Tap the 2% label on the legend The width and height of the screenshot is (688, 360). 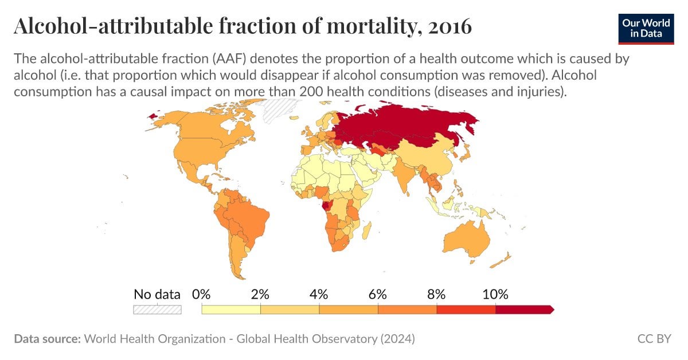[x=260, y=295]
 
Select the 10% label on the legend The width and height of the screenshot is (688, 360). [x=495, y=295]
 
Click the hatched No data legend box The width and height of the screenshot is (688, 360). [x=157, y=310]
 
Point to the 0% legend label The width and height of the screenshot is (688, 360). [x=201, y=295]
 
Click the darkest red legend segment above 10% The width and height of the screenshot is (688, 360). [x=523, y=310]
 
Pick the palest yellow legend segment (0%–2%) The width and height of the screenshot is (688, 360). [x=231, y=310]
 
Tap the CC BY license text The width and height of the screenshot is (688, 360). [x=654, y=339]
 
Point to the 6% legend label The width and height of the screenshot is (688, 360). [x=377, y=295]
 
